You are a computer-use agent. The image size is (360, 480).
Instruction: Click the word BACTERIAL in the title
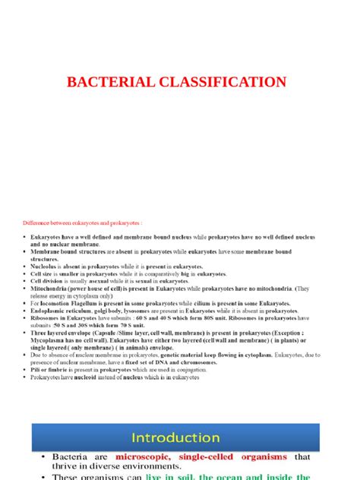point(115,82)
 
